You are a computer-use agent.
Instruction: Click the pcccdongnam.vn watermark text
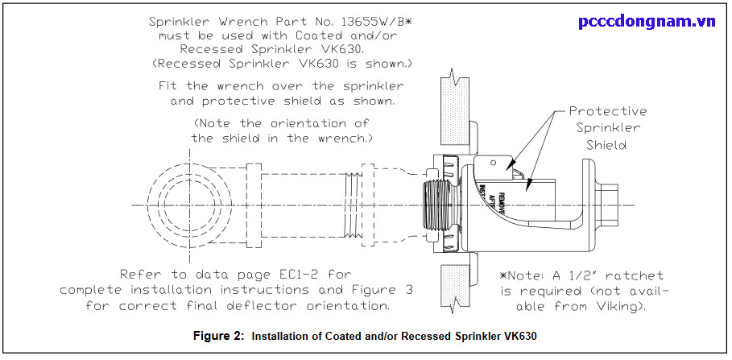647,22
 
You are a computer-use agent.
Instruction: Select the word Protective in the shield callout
607,111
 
